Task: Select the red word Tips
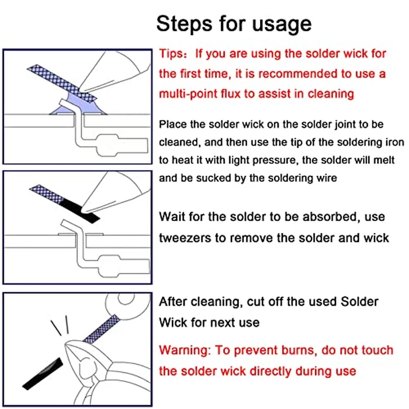pyautogui.click(x=173, y=54)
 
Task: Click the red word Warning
pyautogui.click(x=185, y=351)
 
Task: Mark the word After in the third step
pyautogui.click(x=174, y=301)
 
